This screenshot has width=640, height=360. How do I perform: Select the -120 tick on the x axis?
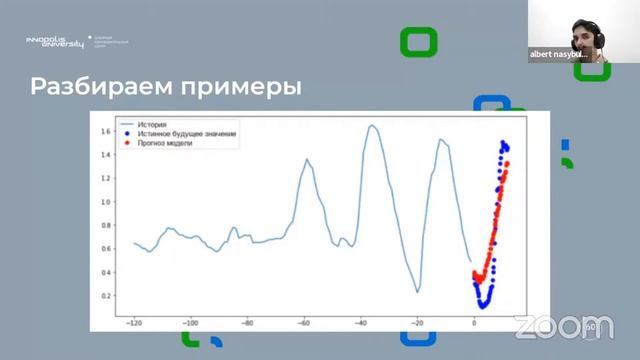click(x=134, y=324)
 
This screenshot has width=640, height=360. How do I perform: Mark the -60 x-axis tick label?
click(x=304, y=324)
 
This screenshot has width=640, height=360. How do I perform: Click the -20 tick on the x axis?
click(x=417, y=324)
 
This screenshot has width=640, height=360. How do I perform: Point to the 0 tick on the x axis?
click(x=474, y=324)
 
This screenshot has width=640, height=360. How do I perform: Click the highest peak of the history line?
click(x=372, y=126)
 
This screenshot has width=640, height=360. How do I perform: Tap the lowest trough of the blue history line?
click(x=417, y=292)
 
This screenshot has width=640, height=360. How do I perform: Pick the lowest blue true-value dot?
click(x=482, y=306)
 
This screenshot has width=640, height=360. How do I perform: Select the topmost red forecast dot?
click(x=507, y=163)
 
